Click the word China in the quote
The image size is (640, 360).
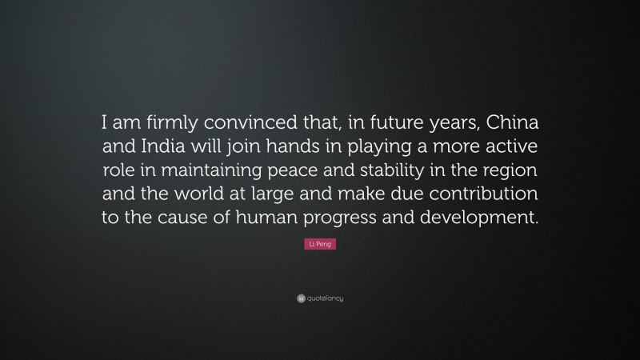510,124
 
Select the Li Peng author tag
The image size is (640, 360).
320,243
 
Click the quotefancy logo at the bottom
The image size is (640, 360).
320,298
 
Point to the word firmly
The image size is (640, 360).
161,124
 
